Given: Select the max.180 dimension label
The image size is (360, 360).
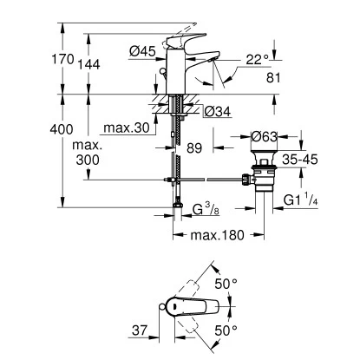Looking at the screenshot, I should point(213,236).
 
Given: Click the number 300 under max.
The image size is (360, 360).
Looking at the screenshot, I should point(88,160).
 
